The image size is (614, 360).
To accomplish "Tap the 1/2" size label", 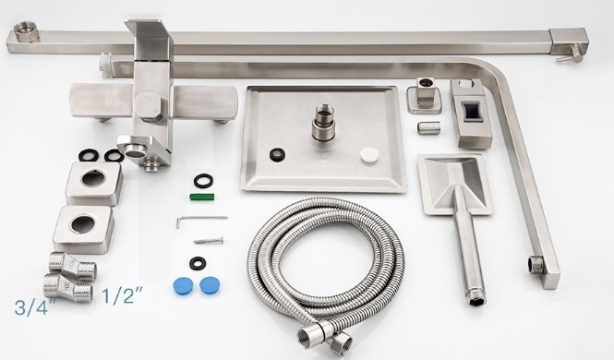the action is (122, 295).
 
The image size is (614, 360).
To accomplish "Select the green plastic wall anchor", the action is (204, 197).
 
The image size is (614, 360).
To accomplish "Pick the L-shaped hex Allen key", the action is (201, 221).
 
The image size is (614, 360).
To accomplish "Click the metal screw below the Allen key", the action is (209, 240).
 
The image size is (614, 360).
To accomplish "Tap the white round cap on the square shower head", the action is (369, 154).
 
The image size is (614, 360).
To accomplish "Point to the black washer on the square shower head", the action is (277, 154).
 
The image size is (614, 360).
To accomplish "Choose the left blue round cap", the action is (183, 286).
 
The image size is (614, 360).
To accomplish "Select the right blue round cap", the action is (210, 285).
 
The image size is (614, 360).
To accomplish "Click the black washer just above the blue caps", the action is (198, 263).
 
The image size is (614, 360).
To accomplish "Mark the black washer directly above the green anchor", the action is (204, 180).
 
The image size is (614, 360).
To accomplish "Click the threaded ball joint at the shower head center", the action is (323, 123).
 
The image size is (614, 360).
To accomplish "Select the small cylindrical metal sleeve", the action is (428, 127).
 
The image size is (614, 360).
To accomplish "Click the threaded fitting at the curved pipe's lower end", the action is (536, 264).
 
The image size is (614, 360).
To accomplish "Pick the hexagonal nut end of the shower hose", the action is (339, 342).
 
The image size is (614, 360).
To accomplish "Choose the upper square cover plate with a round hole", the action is (93, 183).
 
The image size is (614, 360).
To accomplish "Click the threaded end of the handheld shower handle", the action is (476, 298).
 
